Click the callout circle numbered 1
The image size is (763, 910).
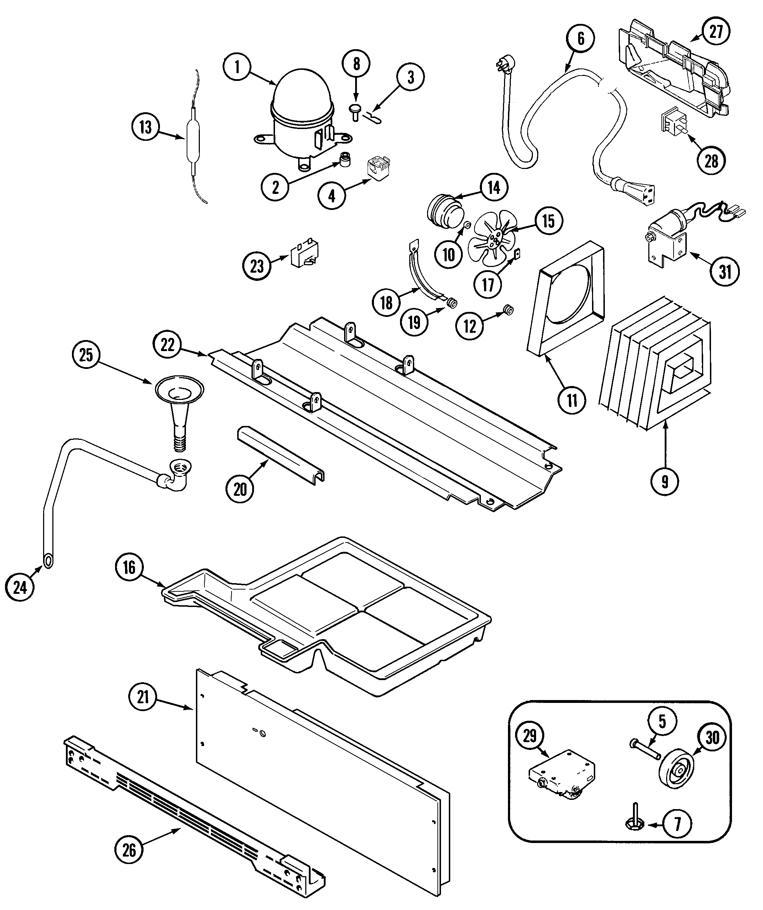[x=237, y=67]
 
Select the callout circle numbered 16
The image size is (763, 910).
[x=129, y=567]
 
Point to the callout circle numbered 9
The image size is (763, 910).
[x=664, y=482]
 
